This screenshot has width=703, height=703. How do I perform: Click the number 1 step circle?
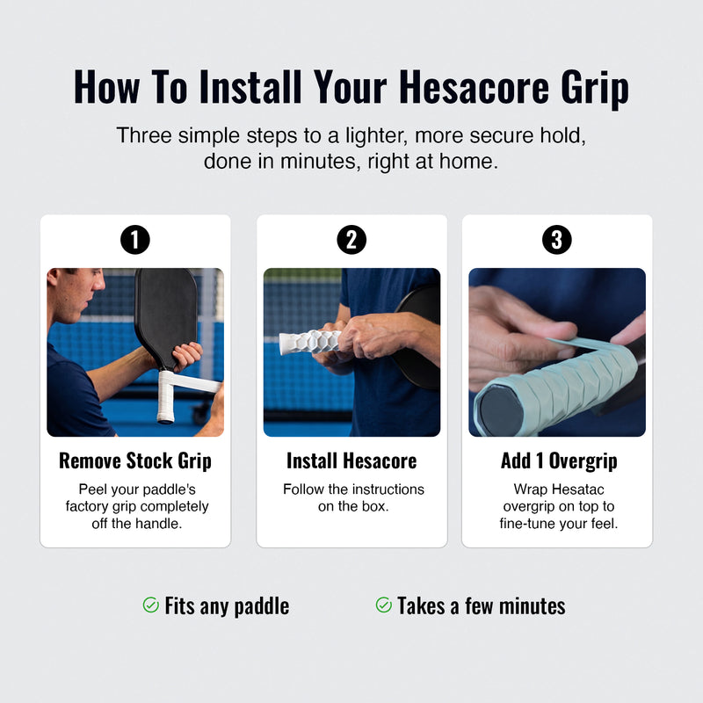pyautogui.click(x=135, y=240)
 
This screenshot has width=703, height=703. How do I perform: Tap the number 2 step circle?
pyautogui.click(x=351, y=240)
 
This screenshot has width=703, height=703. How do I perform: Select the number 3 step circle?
pyautogui.click(x=557, y=240)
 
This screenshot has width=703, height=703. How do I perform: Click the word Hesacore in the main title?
pyautogui.click(x=474, y=87)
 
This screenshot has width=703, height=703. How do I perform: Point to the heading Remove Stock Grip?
pyautogui.click(x=135, y=460)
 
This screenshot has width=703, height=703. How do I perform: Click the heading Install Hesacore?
pyautogui.click(x=351, y=460)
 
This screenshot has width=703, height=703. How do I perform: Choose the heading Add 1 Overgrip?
pyautogui.click(x=559, y=460)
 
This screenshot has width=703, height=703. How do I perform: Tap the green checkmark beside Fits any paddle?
pyautogui.click(x=150, y=605)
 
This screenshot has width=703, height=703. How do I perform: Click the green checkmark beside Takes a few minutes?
pyautogui.click(x=384, y=605)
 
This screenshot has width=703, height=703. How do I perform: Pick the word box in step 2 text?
pyautogui.click(x=375, y=506)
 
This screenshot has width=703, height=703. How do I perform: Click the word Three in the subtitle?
pyautogui.click(x=144, y=135)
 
